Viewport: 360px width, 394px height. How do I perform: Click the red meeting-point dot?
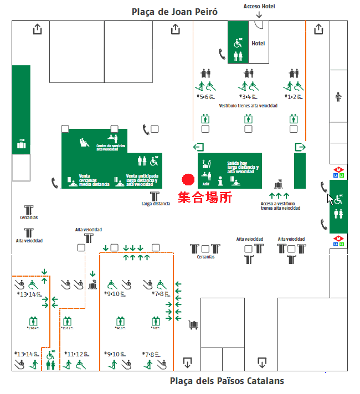click(188, 180)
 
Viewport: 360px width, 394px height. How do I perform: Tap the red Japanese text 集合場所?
click(204, 198)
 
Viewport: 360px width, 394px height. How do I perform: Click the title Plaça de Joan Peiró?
click(174, 11)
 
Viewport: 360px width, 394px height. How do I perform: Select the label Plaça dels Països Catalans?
click(227, 381)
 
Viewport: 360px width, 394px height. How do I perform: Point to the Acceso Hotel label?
click(259, 7)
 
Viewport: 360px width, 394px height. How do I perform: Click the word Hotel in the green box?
click(258, 43)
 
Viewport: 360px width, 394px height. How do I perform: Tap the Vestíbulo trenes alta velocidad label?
click(248, 105)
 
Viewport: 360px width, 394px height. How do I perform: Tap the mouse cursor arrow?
click(330, 199)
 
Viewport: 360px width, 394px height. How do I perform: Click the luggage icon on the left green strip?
click(22, 144)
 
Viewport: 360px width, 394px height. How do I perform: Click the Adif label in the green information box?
click(206, 184)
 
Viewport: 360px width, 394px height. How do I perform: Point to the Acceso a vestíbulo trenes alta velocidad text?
click(280, 206)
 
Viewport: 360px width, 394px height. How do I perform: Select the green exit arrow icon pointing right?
click(300, 147)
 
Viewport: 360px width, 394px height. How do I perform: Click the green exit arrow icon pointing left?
click(198, 147)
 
